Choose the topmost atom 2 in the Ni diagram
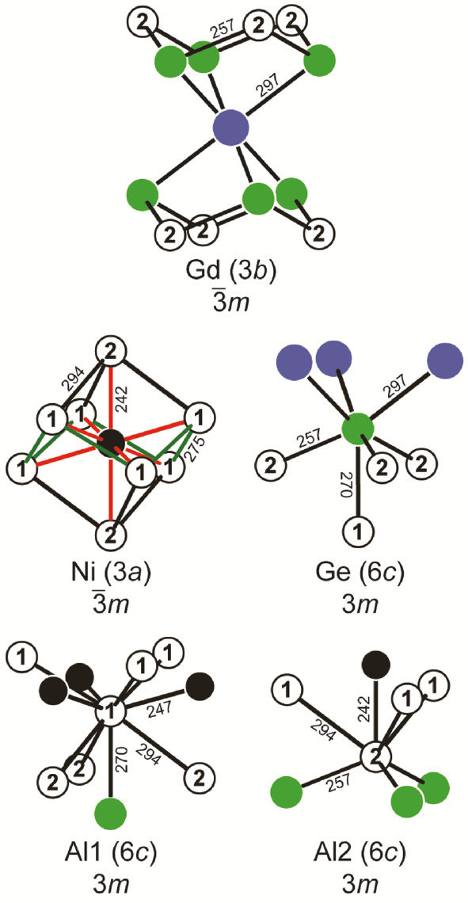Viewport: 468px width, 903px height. click(x=110, y=352)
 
